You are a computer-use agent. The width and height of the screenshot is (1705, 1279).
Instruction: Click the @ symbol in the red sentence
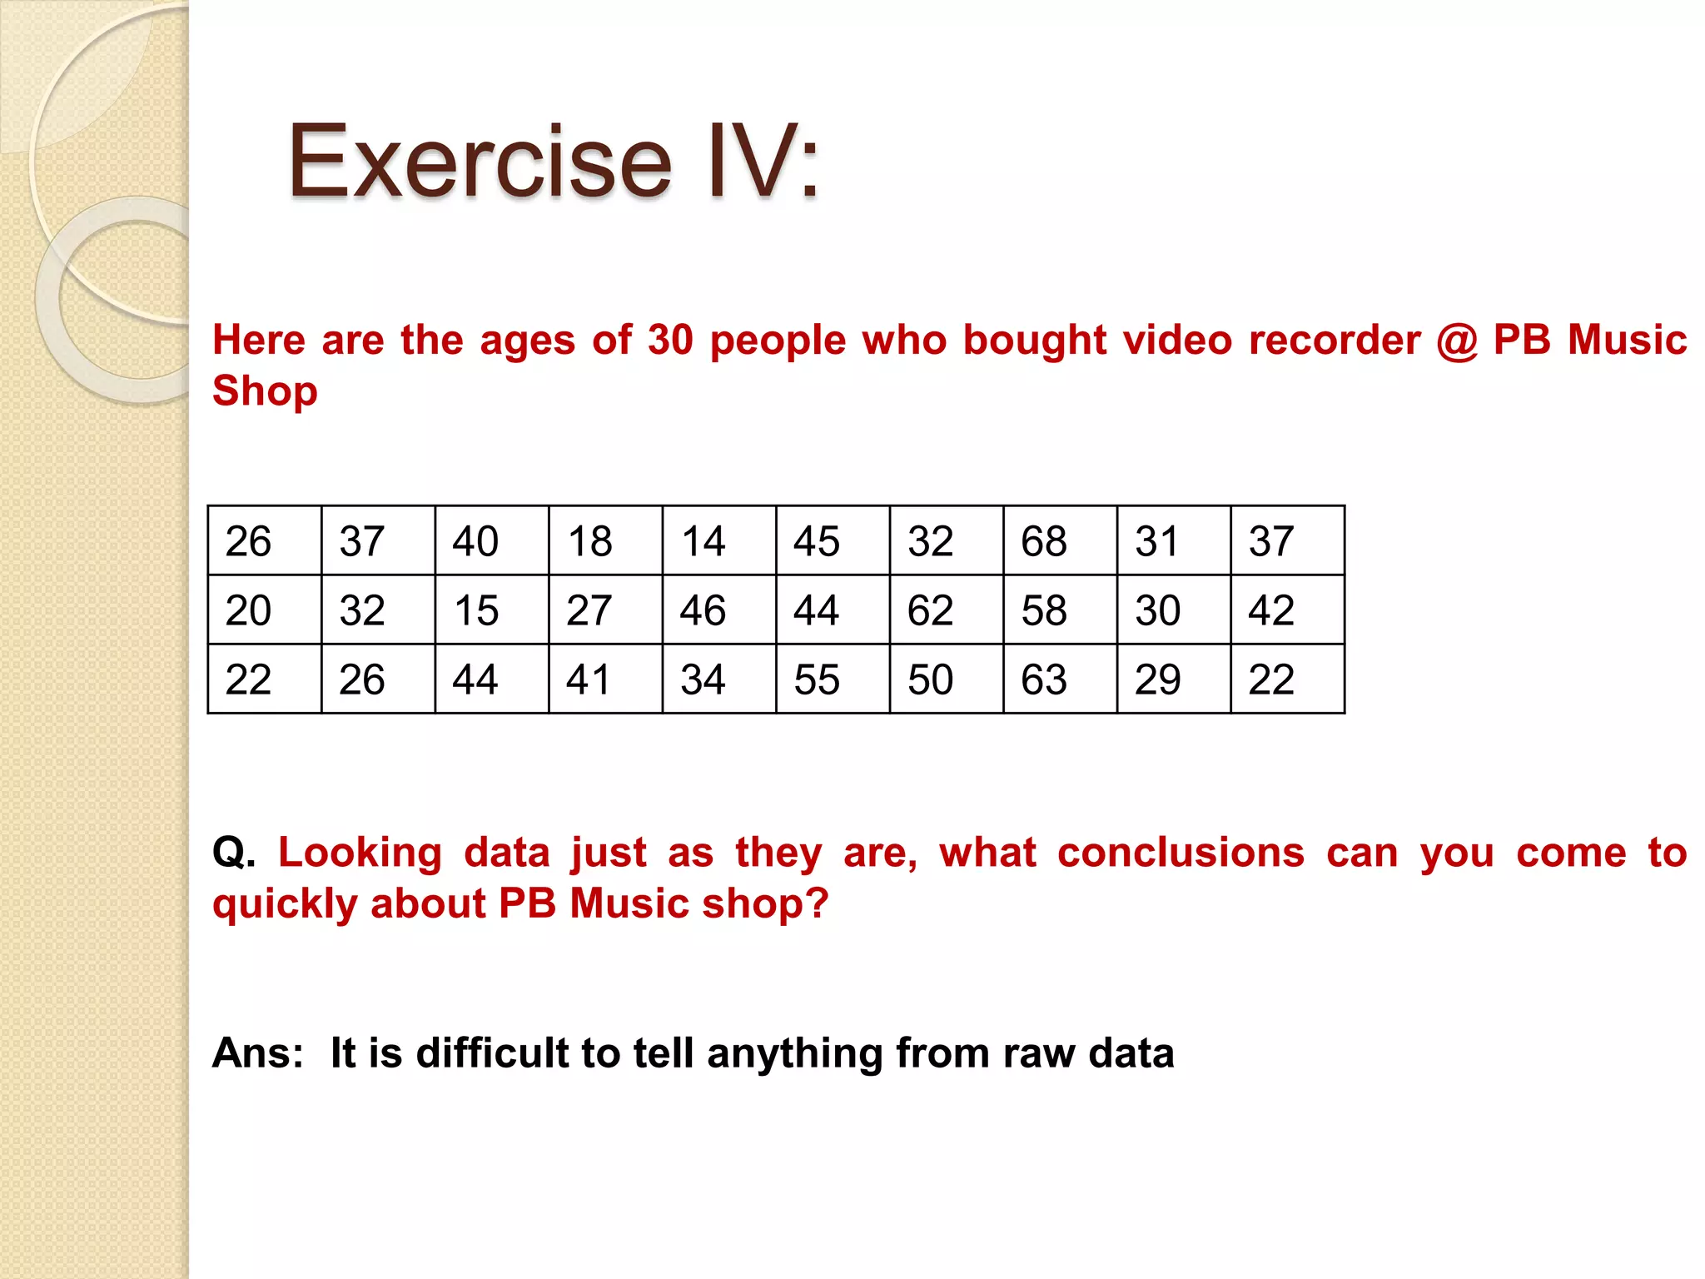(1457, 341)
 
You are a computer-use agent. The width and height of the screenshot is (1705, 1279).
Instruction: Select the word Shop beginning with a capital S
(265, 391)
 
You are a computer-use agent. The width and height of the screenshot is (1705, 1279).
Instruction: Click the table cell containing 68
(1059, 540)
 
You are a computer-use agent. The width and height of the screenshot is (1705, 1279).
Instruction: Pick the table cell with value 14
(718, 540)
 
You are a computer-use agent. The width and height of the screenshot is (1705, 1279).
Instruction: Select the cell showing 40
(491, 540)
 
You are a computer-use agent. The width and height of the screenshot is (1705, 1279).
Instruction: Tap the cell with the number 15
(491, 610)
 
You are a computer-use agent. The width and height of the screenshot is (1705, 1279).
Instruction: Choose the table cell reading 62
(946, 610)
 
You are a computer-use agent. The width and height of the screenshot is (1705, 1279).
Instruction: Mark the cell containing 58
(1059, 610)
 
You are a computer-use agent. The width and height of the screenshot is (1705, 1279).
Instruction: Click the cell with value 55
(832, 679)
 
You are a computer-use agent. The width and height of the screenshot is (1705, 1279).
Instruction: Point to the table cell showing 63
(1059, 679)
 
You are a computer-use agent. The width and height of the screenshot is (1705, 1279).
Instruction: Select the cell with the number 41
(604, 679)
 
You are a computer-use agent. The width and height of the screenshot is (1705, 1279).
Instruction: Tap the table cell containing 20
(264, 610)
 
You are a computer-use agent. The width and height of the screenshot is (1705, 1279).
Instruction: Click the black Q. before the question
(234, 853)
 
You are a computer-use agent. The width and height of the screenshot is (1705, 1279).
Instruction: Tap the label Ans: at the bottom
(258, 1053)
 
